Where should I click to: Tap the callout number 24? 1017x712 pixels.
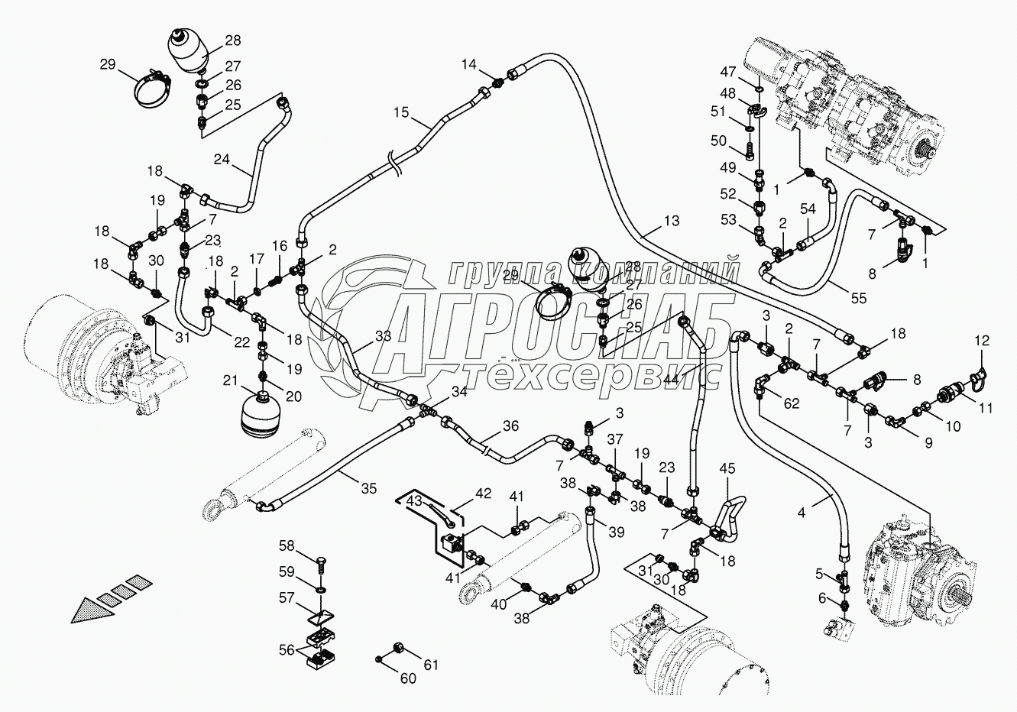coord(222,160)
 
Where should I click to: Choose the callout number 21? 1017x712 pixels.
coord(230,381)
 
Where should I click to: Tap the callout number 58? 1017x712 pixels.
coord(286,545)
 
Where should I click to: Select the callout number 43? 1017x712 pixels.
coord(413,499)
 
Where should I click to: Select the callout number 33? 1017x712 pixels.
coord(383,335)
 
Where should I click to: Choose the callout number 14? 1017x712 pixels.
coord(469,64)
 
